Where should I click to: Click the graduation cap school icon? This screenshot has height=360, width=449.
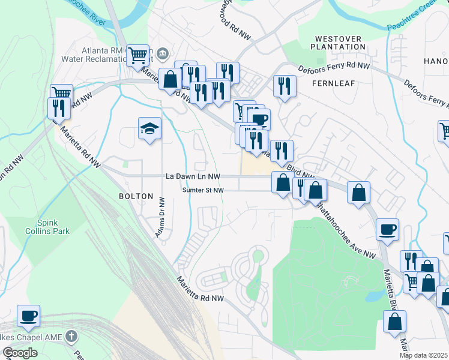149,128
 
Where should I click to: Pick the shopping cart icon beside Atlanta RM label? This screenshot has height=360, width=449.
138,56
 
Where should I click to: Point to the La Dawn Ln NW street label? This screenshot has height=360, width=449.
193,176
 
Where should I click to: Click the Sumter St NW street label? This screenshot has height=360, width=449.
203,190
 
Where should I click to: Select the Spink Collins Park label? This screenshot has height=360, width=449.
47,226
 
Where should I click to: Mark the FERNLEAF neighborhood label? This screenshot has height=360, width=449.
331,83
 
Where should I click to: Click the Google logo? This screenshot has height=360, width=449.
20,353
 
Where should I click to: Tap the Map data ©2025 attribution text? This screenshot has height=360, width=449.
424,355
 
